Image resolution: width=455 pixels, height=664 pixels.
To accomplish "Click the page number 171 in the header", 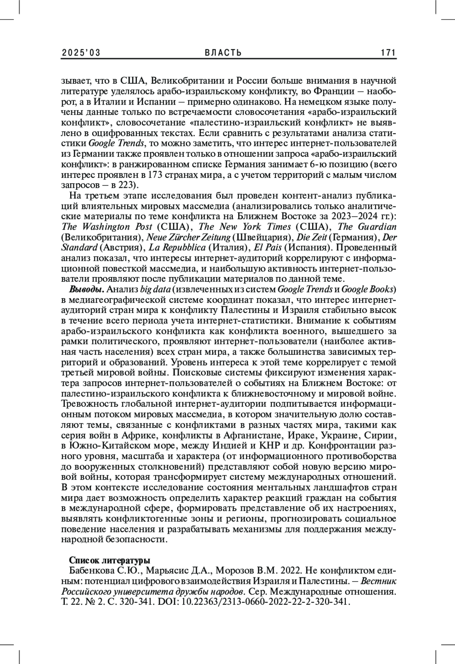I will pyautogui.click(x=388, y=53).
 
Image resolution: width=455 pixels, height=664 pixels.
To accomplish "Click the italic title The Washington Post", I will pyautogui.click(x=107, y=227).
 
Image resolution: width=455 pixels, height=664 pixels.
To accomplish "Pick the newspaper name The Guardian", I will pyautogui.click(x=367, y=227).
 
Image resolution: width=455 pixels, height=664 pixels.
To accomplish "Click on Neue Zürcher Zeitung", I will pyautogui.click(x=188, y=237).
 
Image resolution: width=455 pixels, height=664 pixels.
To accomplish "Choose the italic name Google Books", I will pyautogui.click(x=367, y=290).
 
